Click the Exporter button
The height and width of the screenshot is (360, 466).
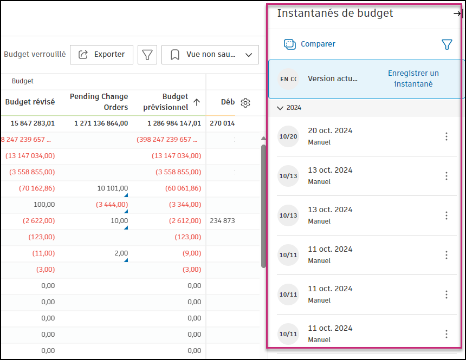click(101, 55)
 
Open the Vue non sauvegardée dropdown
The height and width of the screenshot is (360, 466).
click(210, 55)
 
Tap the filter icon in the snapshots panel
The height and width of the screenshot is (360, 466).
click(446, 44)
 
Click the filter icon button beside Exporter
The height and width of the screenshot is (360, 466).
click(147, 55)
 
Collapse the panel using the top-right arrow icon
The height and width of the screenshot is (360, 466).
click(457, 14)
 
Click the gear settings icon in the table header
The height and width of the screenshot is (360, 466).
click(245, 103)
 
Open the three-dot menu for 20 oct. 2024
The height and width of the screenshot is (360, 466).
click(446, 136)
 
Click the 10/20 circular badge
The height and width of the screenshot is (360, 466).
click(288, 136)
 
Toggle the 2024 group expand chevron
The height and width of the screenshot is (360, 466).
click(280, 108)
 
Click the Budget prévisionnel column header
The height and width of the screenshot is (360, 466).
click(165, 102)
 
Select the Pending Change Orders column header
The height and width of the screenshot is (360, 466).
click(99, 102)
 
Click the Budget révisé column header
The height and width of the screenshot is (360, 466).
click(30, 102)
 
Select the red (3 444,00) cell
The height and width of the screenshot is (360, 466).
click(112, 205)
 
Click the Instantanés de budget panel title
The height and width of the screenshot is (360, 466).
click(335, 14)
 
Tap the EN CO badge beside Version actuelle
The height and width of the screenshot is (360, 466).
click(288, 79)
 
